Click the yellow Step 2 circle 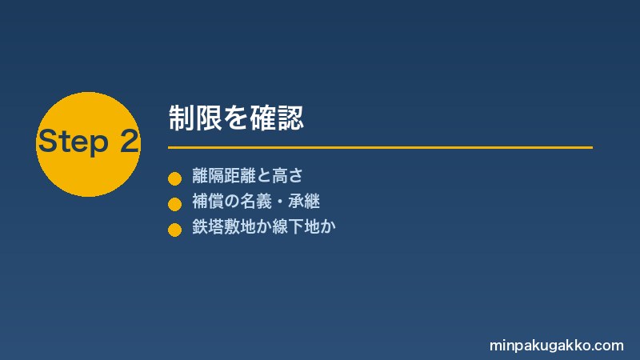coord(88,144)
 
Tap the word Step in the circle coord(74,142)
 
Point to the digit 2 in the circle coord(130,141)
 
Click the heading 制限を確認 coord(236,118)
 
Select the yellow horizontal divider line coord(381,147)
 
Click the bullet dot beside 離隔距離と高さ coord(174,178)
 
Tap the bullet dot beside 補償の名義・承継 coord(174,204)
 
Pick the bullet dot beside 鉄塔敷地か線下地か coord(174,230)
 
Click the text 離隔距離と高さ coord(248,176)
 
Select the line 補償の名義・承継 coord(256,202)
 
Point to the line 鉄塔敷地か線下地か coord(264,226)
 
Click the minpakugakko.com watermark coord(557,346)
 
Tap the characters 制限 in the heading coord(195,118)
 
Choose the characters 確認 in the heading coord(277,118)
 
